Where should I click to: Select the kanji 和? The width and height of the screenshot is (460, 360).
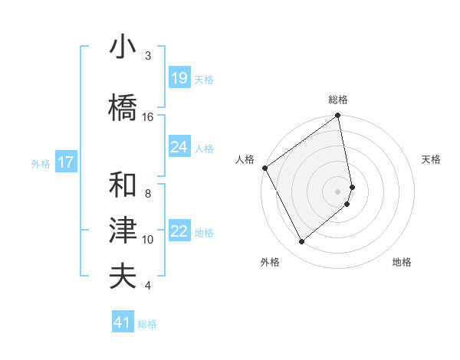click(123, 185)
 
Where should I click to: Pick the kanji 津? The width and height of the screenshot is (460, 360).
click(123, 231)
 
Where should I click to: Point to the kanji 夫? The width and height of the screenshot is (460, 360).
click(123, 277)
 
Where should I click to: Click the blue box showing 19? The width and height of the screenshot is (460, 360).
click(179, 78)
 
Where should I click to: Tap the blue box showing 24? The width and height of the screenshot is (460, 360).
click(179, 147)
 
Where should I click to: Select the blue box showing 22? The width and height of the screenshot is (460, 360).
click(179, 231)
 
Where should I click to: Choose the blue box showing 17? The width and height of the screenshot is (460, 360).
click(65, 162)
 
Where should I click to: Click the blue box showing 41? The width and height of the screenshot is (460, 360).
click(123, 322)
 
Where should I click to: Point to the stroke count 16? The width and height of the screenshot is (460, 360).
click(148, 117)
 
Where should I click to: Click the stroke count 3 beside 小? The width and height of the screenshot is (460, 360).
click(148, 56)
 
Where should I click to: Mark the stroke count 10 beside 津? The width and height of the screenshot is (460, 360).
click(148, 240)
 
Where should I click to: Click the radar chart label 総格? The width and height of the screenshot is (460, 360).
click(338, 100)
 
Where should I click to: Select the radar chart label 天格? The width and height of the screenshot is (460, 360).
click(432, 159)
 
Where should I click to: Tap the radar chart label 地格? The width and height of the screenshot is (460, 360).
click(402, 262)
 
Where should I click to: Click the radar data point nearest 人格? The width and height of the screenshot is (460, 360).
click(264, 168)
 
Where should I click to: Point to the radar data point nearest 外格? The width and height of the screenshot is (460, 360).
click(301, 241)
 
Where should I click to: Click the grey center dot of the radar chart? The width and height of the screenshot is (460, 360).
click(338, 191)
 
